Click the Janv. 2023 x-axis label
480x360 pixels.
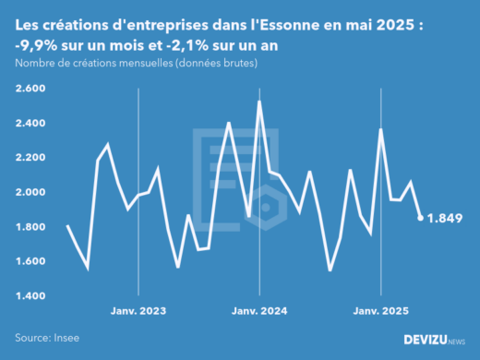point(138,312)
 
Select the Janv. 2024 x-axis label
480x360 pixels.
point(259,312)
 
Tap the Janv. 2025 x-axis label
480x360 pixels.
point(381,312)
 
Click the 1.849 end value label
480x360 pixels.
point(447,218)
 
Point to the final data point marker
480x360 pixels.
point(421,218)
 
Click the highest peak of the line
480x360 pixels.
point(259,101)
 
